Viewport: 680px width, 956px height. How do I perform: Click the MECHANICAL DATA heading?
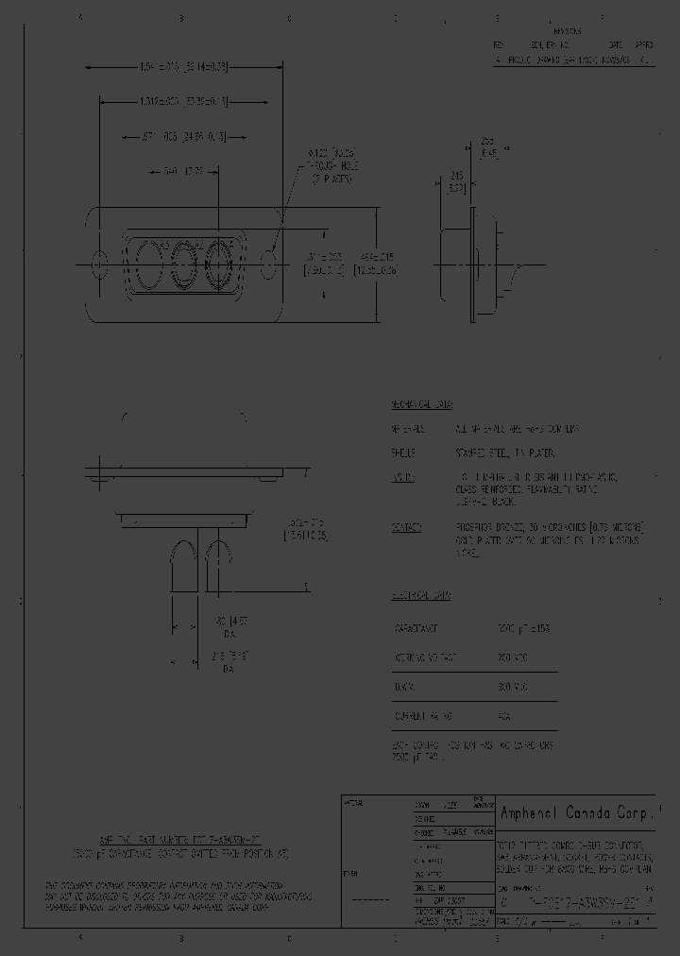click(x=422, y=404)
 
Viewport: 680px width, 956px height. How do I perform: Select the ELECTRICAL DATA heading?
click(x=421, y=596)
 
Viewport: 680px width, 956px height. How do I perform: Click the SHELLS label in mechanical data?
click(x=404, y=452)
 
